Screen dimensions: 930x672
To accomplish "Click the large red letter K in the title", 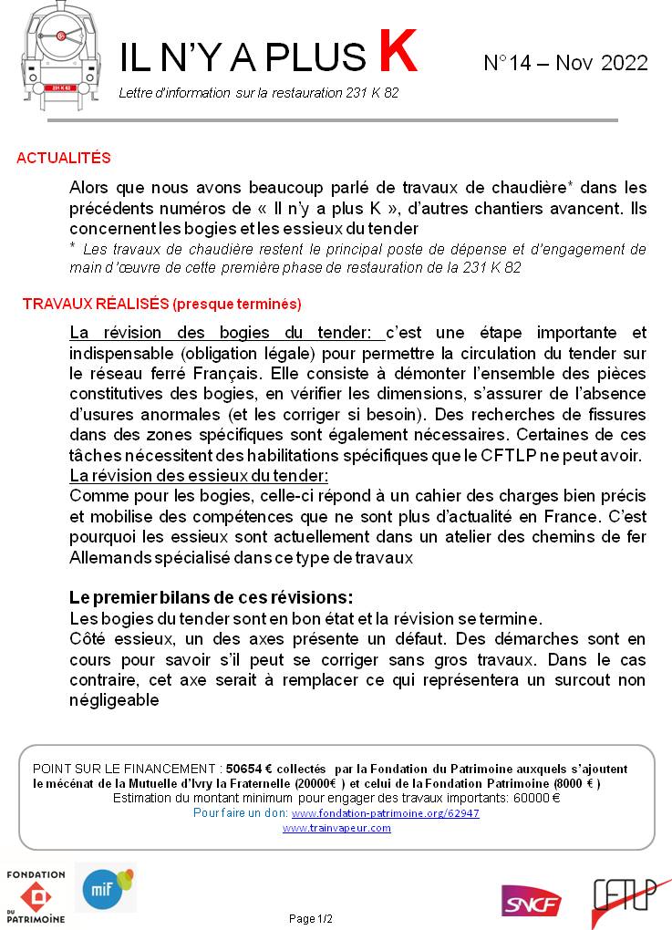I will pyautogui.click(x=398, y=52).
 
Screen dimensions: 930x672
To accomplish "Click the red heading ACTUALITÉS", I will pyautogui.click(x=64, y=158).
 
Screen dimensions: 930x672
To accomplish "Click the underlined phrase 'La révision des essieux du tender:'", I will pyautogui.click(x=199, y=476).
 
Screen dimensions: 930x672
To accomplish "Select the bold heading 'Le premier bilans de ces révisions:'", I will pyautogui.click(x=211, y=597).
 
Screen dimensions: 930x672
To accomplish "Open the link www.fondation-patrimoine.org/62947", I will pyautogui.click(x=385, y=812).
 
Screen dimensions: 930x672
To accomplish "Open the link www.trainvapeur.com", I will pyautogui.click(x=336, y=828).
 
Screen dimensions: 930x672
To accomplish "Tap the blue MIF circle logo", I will pyautogui.click(x=103, y=888).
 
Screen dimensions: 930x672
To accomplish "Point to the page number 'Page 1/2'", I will pyautogui.click(x=311, y=918).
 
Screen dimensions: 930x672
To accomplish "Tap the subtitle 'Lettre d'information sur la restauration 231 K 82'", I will pyautogui.click(x=258, y=94).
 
